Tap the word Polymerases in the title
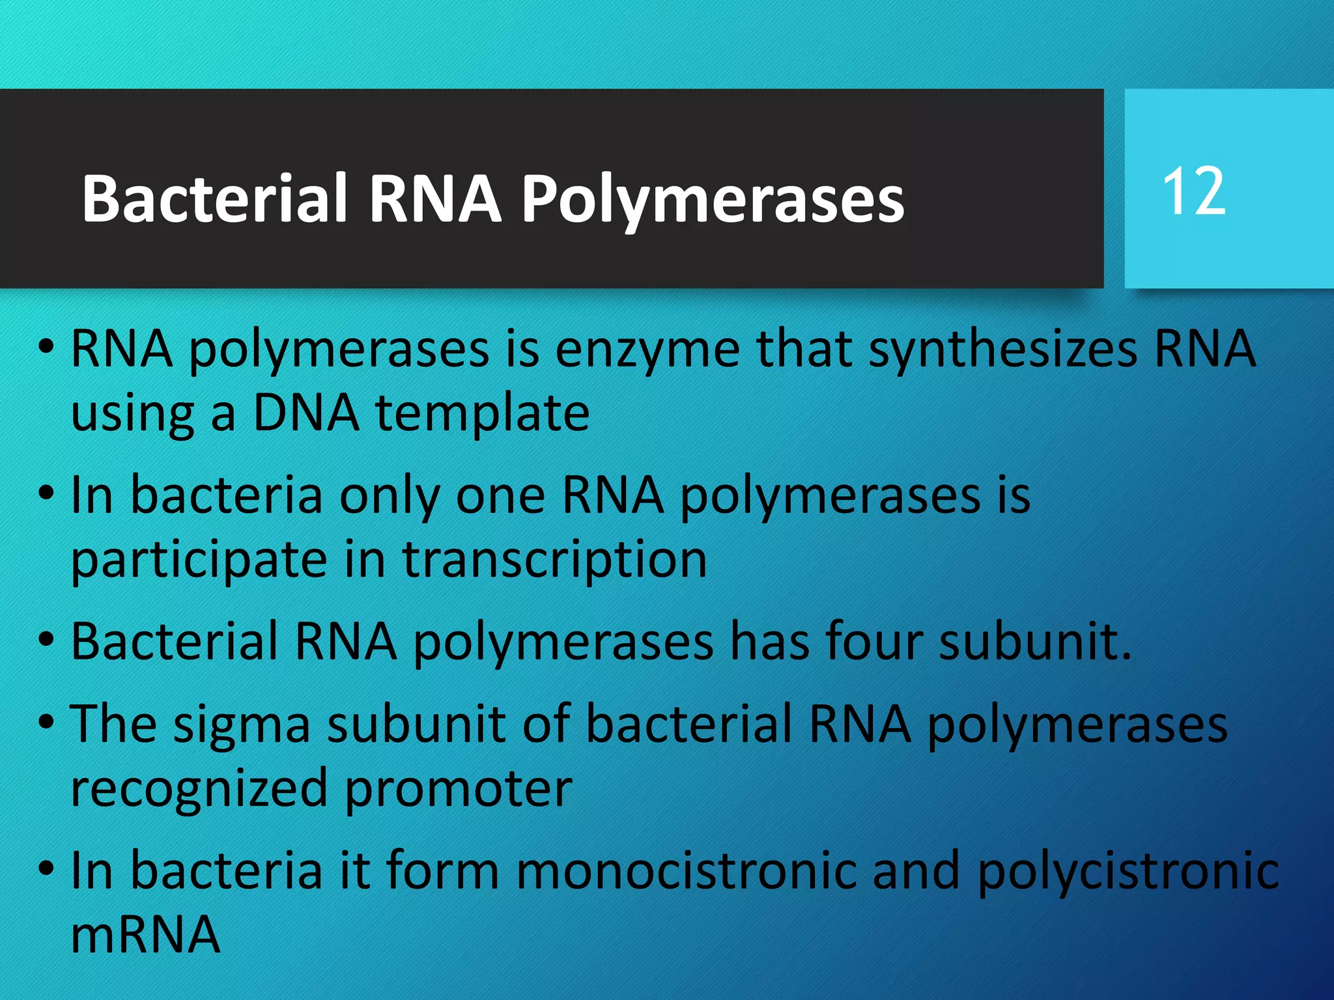[713, 199]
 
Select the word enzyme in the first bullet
[647, 350]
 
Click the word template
[483, 414]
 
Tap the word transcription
[554, 560]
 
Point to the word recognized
[199, 789]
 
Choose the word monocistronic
[687, 871]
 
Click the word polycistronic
[1128, 871]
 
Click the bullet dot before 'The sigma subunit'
[46, 721]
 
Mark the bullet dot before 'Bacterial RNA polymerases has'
[46, 639]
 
